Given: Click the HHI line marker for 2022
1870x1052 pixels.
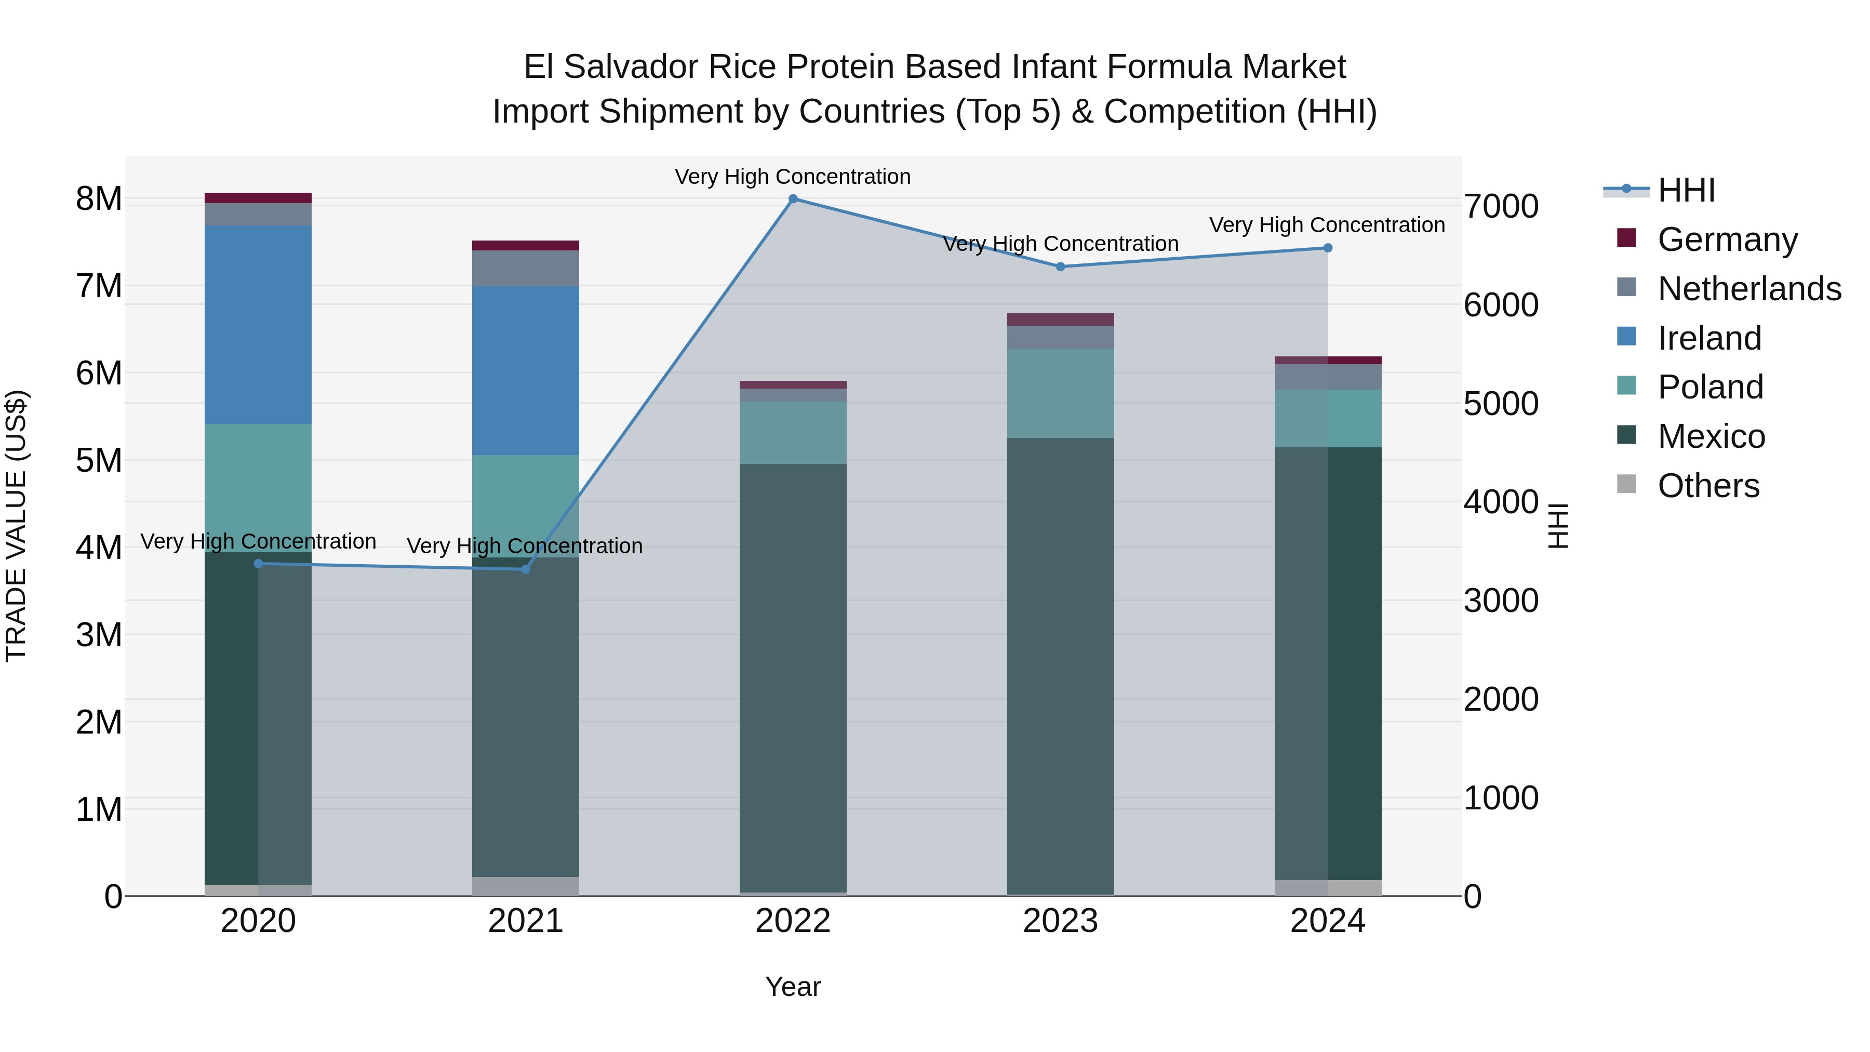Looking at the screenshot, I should point(793,199).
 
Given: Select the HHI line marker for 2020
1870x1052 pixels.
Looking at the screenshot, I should point(259,563).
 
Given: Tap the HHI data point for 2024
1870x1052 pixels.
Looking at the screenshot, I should point(1328,248).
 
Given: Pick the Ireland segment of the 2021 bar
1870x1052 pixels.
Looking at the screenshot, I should point(526,370).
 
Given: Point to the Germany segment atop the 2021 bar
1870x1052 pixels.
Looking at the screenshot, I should point(526,245).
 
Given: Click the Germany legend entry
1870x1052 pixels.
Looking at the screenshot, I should point(1727,239).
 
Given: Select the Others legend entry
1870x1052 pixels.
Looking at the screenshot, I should point(1708,486).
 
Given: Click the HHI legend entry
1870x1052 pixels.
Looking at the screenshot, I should point(1686,190).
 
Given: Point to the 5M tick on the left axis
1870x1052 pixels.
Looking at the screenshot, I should point(99,460).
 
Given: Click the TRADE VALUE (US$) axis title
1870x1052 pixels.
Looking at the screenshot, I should point(17,526).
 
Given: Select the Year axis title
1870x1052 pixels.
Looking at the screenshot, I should point(793,987).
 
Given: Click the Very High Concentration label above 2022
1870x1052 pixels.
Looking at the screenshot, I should point(793,177).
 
